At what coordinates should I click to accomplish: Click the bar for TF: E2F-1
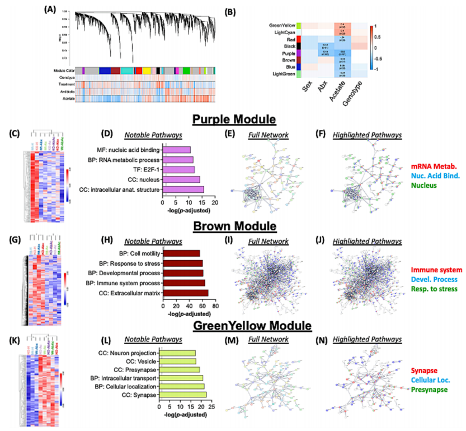point(178,169)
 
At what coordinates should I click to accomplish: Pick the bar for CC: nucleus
point(181,179)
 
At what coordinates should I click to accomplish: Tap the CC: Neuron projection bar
point(177,353)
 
